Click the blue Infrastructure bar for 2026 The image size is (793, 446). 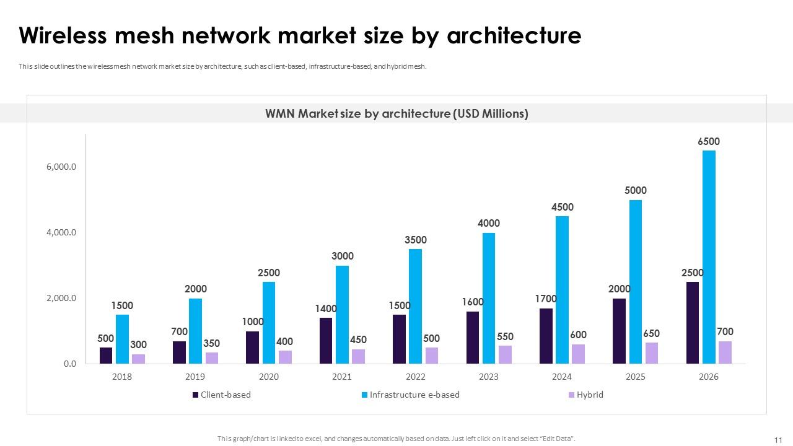click(x=709, y=257)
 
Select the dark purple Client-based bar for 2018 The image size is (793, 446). click(x=106, y=356)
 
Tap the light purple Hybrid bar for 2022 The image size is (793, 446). click(x=431, y=356)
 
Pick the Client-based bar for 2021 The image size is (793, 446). click(x=326, y=341)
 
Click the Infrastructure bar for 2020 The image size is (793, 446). click(x=269, y=323)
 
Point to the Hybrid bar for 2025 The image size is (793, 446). click(x=651, y=353)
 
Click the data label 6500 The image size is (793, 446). click(x=709, y=141)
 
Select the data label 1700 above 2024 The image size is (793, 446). click(x=546, y=299)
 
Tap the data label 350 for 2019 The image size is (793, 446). click(x=212, y=343)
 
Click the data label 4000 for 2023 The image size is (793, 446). click(x=489, y=223)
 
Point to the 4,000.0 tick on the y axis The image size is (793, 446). click(x=61, y=232)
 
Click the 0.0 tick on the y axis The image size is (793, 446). click(x=69, y=364)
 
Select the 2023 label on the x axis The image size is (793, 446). click(x=489, y=377)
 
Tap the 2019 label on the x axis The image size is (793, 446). click(x=196, y=377)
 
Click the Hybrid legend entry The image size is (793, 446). click(x=589, y=395)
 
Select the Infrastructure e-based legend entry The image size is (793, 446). click(x=414, y=395)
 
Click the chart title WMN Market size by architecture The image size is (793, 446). click(x=396, y=113)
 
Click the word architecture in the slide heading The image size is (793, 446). click(x=514, y=36)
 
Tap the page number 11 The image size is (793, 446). click(x=778, y=440)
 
